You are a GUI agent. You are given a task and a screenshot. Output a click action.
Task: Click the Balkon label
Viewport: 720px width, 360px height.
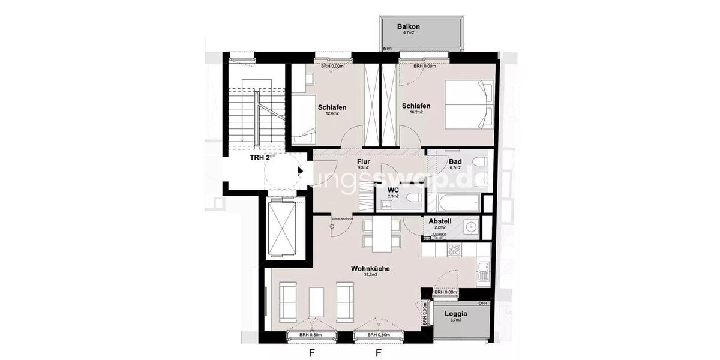tap(409, 27)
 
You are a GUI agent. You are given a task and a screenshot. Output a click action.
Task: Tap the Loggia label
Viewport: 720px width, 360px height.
tap(455, 314)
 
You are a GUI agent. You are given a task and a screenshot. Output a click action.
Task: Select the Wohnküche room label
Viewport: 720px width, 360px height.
tap(370, 269)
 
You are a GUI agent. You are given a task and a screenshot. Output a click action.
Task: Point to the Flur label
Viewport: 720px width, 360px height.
tap(364, 162)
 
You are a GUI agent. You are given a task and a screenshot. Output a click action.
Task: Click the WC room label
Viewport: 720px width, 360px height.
tap(393, 190)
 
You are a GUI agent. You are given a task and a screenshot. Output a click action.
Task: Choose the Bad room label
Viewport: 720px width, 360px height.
tap(455, 161)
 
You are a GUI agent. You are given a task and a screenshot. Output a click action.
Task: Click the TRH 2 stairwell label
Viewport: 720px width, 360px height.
tap(260, 157)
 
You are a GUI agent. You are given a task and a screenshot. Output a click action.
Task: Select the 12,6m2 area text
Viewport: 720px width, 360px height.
tap(332, 113)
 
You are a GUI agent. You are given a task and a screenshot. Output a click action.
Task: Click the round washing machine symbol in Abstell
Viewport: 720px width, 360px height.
tap(470, 227)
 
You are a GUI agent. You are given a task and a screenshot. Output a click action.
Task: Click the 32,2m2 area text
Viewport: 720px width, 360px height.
tap(370, 275)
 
